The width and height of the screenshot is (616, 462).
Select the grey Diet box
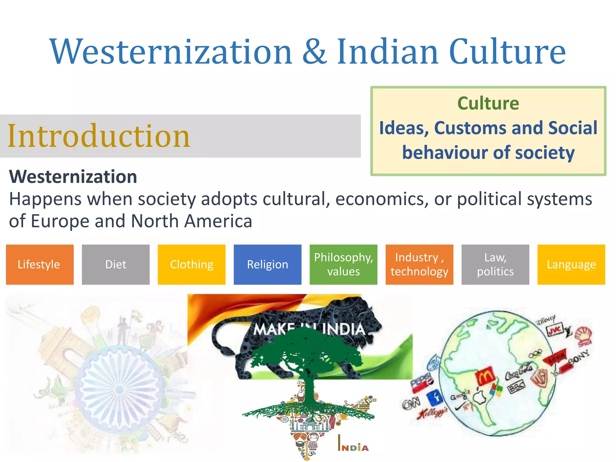click(115, 264)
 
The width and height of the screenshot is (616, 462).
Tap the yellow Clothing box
click(192, 264)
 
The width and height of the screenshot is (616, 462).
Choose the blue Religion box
click(267, 264)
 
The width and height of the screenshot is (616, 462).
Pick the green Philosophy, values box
click(343, 264)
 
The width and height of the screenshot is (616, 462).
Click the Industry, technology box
click(419, 264)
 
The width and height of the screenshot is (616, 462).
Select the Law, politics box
click(495, 264)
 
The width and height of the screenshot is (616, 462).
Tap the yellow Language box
click(571, 264)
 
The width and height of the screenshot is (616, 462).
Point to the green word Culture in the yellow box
click(488, 103)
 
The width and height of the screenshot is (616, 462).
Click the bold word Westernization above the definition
click(73, 177)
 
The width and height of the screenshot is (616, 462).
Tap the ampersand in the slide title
click(314, 52)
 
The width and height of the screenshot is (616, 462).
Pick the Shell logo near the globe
click(584, 336)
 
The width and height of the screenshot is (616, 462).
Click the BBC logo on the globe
click(516, 387)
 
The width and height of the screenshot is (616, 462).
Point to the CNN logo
click(411, 403)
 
